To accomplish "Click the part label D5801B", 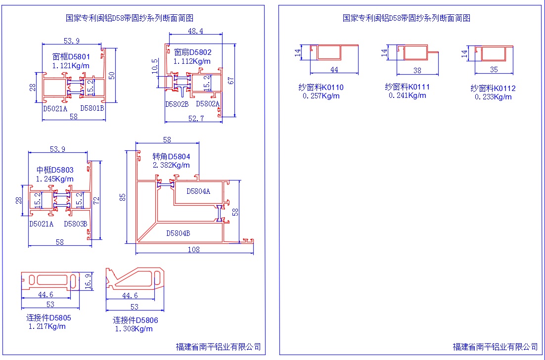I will pos(92,108).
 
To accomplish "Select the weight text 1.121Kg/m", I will pos(71,66).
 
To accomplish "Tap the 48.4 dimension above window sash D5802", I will pos(195,31).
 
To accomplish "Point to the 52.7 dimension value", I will pos(196,118).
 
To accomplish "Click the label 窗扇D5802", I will pos(193,52).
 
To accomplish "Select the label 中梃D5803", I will pos(55,170).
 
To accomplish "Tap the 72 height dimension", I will pos(97,201).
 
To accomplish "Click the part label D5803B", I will pos(76,224).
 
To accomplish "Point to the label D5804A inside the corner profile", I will pos(198,191).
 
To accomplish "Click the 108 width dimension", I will pos(194,250).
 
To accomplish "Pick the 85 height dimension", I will pos(123,197).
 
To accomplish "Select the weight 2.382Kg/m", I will pos(171,165).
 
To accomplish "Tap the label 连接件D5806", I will pos(136,320).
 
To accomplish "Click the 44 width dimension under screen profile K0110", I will pos(334,70).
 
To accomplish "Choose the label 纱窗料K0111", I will pos(408,87).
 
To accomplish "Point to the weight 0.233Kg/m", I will pos(493,97).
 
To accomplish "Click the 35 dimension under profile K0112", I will pos(494,70).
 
